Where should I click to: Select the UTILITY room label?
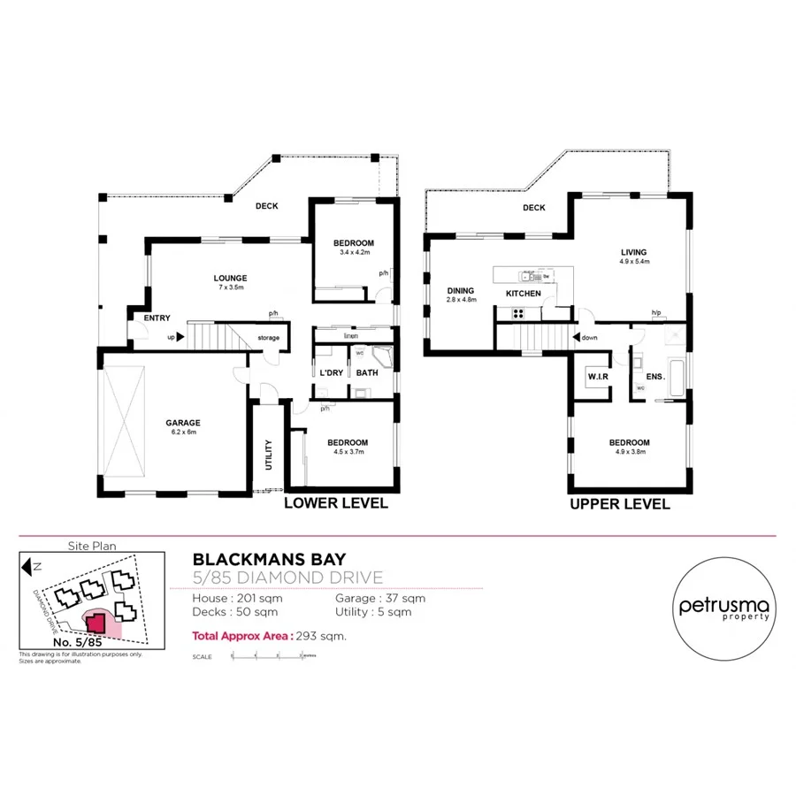[x=268, y=455]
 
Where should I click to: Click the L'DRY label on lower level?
[x=331, y=372]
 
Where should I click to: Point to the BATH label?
[x=367, y=372]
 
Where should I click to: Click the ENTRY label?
[x=157, y=318]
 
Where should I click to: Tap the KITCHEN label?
[x=523, y=293]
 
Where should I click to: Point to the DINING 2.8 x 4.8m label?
[x=461, y=295]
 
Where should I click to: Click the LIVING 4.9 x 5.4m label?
[x=634, y=256]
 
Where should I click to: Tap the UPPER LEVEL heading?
[x=619, y=504]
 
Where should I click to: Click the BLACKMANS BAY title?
[x=270, y=559]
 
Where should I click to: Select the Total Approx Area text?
[x=269, y=635]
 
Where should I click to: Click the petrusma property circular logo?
[x=724, y=608]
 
